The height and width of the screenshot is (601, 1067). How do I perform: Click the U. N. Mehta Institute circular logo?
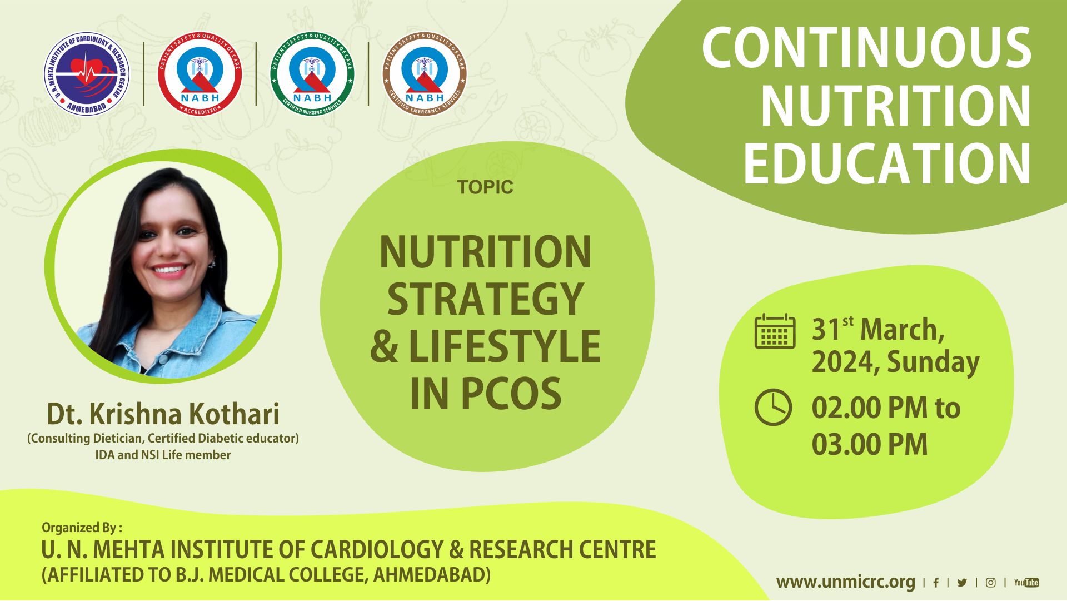pyautogui.click(x=87, y=73)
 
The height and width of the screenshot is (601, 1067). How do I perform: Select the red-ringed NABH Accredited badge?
pyautogui.click(x=200, y=73)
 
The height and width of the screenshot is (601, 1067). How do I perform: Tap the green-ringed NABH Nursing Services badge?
pyautogui.click(x=312, y=73)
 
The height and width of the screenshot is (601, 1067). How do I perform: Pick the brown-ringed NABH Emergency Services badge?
pyautogui.click(x=425, y=73)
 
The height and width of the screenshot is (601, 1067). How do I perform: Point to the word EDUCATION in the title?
pyautogui.click(x=887, y=163)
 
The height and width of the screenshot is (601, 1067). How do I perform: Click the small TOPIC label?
pyautogui.click(x=485, y=187)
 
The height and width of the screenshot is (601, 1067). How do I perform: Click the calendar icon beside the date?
pyautogui.click(x=775, y=331)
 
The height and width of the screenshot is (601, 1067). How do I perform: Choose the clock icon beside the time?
pyautogui.click(x=773, y=408)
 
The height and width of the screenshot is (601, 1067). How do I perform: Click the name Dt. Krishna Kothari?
pyautogui.click(x=163, y=414)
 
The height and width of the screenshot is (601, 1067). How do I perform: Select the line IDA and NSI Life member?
pyautogui.click(x=163, y=455)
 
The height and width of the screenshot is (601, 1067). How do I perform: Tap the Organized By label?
pyautogui.click(x=82, y=527)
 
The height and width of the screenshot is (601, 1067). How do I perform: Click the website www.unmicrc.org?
pyautogui.click(x=845, y=582)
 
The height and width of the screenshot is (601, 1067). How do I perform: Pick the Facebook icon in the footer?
pyautogui.click(x=936, y=583)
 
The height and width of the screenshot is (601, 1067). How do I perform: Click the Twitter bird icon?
pyautogui.click(x=962, y=583)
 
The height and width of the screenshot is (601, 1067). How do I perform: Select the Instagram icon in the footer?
pyautogui.click(x=990, y=583)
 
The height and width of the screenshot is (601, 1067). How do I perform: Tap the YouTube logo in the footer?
pyautogui.click(x=1026, y=583)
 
